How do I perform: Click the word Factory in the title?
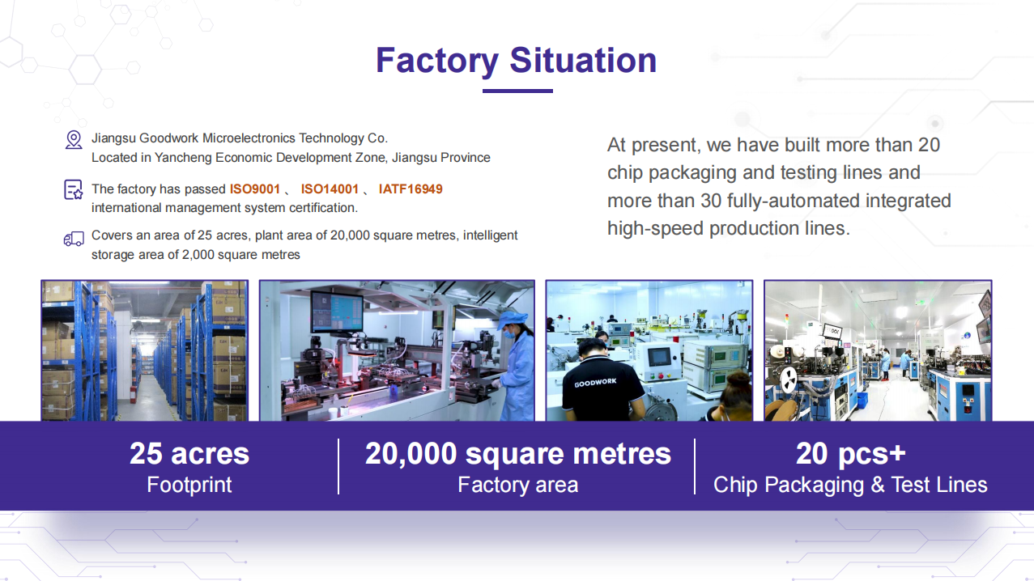(x=437, y=61)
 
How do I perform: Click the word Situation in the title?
(x=583, y=61)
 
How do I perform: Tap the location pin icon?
(x=74, y=140)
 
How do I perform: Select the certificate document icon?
(x=73, y=189)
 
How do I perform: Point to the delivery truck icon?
(x=74, y=239)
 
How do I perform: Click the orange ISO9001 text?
(x=255, y=189)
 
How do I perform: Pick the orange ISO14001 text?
(x=330, y=189)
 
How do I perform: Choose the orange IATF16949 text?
(x=411, y=189)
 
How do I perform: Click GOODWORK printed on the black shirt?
(x=595, y=383)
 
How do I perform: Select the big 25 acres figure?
(x=189, y=453)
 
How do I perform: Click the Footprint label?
(x=189, y=485)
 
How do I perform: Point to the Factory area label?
(x=518, y=485)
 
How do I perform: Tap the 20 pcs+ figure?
(x=851, y=454)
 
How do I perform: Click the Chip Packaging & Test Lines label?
(x=850, y=485)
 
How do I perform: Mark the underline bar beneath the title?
(x=517, y=91)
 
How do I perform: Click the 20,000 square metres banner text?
(x=518, y=454)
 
